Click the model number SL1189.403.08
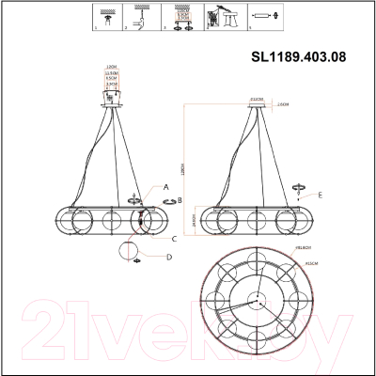click(x=299, y=55)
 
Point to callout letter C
click(x=163, y=239)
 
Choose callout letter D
click(x=169, y=256)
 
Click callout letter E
click(x=321, y=195)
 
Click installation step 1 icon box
click(x=110, y=17)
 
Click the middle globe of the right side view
click(x=251, y=222)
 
